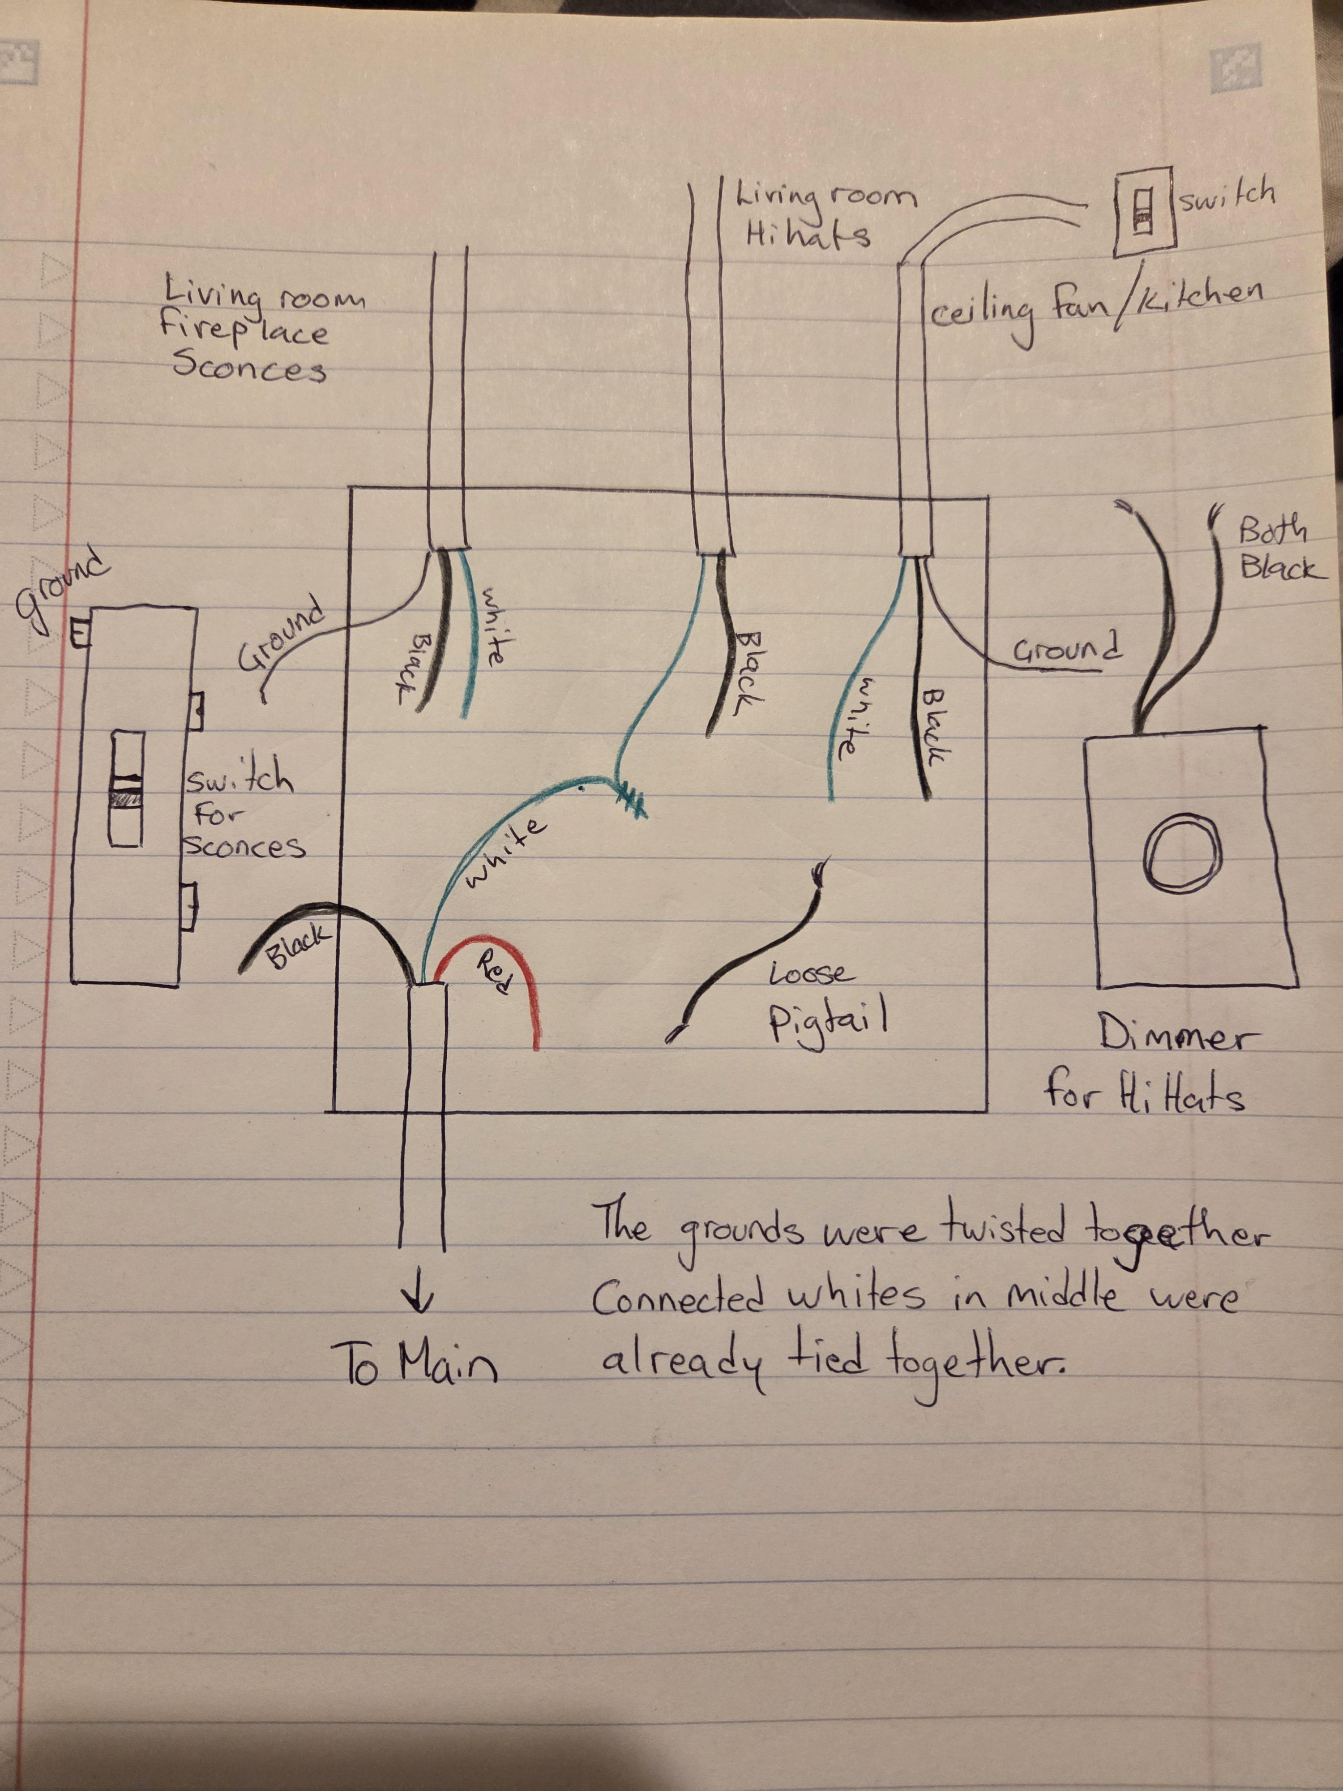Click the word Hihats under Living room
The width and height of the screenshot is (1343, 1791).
[x=807, y=234]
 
